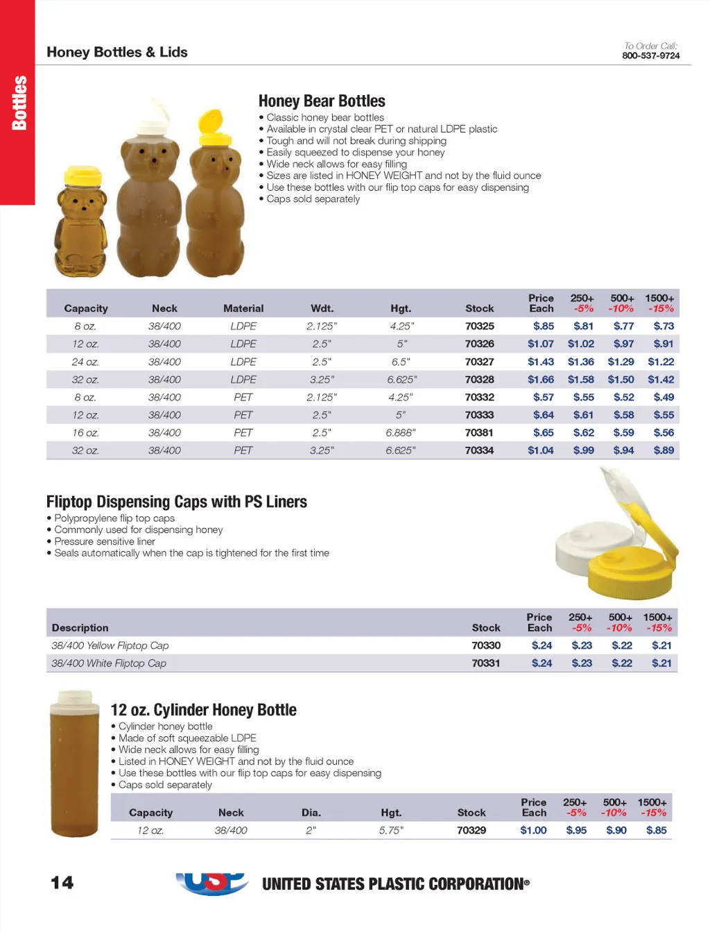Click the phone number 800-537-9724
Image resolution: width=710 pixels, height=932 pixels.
click(x=650, y=56)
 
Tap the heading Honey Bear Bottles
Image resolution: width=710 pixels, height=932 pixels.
click(x=322, y=101)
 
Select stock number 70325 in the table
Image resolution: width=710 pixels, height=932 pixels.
click(x=479, y=326)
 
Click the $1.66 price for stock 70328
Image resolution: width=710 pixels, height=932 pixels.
click(x=540, y=380)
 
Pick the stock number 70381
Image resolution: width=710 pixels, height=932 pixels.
click(x=479, y=432)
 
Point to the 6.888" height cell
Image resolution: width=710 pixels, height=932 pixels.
click(x=401, y=432)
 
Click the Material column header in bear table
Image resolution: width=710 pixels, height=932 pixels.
click(x=243, y=308)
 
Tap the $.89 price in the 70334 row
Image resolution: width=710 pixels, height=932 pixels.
click(x=664, y=450)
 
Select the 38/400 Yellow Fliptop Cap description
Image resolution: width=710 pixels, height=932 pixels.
click(x=110, y=645)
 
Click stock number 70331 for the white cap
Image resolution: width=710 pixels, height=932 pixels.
click(x=486, y=663)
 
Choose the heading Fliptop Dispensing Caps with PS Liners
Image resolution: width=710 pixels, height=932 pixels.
click(x=177, y=502)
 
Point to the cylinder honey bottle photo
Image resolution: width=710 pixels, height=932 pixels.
click(x=73, y=763)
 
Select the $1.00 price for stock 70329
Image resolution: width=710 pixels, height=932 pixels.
click(x=533, y=830)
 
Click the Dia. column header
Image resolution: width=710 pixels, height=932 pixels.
click(x=311, y=813)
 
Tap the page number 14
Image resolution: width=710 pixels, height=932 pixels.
click(x=62, y=883)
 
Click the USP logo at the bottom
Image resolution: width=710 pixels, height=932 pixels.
click(x=212, y=883)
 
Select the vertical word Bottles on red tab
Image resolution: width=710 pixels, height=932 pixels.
click(x=19, y=103)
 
